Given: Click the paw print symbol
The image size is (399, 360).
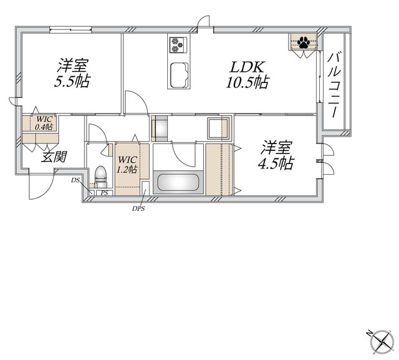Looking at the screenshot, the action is click(304, 42).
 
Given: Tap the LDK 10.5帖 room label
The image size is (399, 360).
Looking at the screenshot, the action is click(247, 75).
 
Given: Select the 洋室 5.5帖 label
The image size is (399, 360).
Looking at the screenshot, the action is click(72, 73).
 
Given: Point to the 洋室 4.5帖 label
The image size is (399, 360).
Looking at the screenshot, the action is click(276, 155).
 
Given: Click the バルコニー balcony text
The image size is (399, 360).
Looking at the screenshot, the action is click(334, 85).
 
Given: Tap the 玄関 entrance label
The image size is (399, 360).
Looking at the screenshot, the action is click(54, 157).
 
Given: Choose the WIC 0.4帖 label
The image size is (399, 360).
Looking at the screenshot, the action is click(44, 123).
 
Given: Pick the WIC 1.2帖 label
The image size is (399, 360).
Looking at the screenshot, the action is click(127, 164).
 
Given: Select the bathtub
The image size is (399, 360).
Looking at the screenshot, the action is click(178, 182).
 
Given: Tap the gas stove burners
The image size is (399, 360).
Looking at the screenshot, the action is click(177, 45).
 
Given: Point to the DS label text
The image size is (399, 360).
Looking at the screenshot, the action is click(75, 180).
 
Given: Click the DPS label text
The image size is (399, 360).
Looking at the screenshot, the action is click(138, 209).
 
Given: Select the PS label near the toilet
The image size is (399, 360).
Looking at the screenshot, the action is click(104, 193).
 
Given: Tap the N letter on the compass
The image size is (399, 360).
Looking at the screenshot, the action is click(368, 333).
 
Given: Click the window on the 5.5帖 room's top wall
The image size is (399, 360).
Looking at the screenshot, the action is click(70, 29).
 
